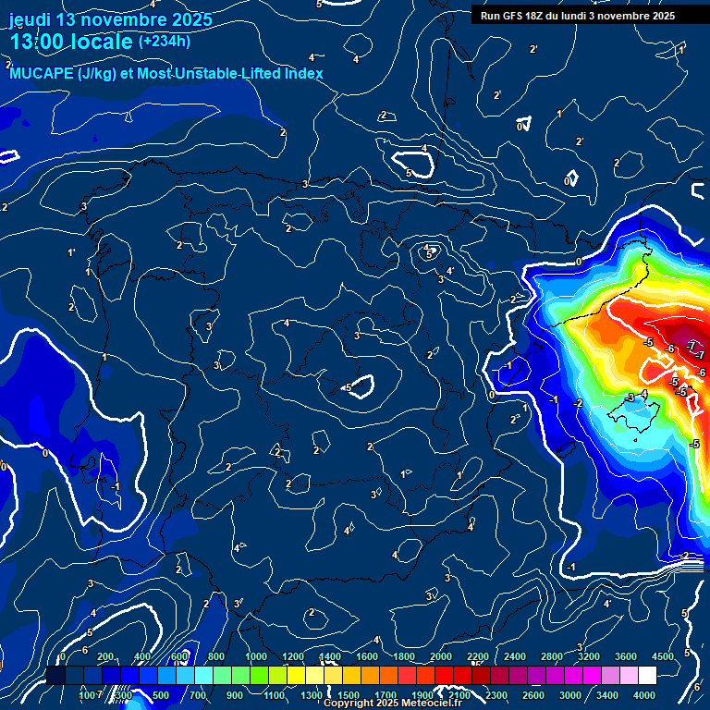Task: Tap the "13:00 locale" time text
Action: [x=70, y=42]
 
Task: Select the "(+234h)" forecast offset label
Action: [x=165, y=41]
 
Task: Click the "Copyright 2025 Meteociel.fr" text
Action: [x=393, y=704]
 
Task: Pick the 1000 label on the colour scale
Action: [x=256, y=656]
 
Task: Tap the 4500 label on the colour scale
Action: [x=662, y=656]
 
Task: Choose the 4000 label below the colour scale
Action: [x=644, y=695]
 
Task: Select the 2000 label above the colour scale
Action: [x=441, y=656]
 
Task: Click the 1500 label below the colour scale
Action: [x=349, y=695]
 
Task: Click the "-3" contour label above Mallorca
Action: [x=630, y=398]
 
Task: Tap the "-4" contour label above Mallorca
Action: [x=644, y=395]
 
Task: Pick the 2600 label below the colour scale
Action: [x=533, y=695]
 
